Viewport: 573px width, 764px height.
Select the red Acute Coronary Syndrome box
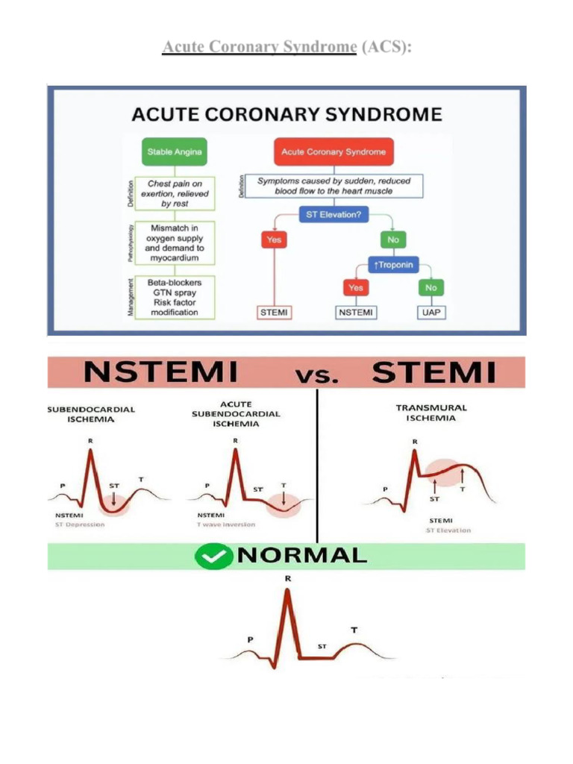(333, 151)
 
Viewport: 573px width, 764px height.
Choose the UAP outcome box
(430, 312)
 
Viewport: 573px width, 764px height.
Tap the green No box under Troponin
(430, 287)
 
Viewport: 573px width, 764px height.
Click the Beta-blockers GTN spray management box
(174, 296)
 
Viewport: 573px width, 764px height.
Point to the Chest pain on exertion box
(174, 192)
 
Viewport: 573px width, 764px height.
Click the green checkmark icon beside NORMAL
(214, 556)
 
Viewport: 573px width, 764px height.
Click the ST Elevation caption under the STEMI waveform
(448, 530)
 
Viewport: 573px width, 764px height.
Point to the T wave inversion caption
(226, 525)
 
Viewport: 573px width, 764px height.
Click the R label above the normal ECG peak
(288, 578)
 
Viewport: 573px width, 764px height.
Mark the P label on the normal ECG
(250, 639)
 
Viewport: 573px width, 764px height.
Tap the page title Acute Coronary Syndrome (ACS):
(287, 47)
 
